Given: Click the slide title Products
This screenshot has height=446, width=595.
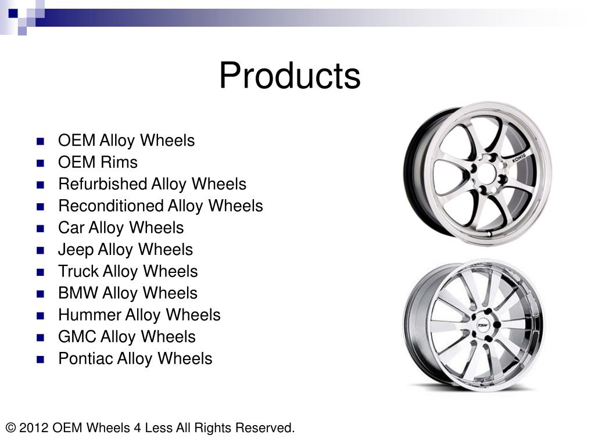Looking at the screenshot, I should [289, 75].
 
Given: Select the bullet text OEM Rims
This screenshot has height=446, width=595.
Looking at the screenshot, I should [98, 163].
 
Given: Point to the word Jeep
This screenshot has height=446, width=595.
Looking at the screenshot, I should [76, 250].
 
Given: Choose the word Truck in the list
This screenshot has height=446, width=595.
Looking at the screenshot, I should [78, 272].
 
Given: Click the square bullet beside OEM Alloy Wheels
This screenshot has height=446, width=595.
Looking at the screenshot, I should [41, 141].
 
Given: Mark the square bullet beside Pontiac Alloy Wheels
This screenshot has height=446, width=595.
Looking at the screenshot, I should [41, 359].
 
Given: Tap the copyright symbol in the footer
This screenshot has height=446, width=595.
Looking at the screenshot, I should [10, 429].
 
